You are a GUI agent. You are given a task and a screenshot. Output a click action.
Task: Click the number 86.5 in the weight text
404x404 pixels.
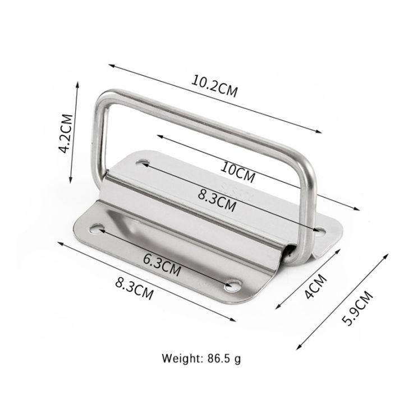222,357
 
